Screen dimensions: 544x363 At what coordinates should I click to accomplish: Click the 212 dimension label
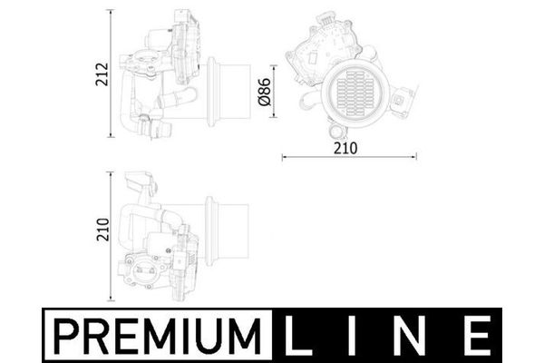point(102,74)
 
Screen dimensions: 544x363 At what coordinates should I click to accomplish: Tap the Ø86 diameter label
point(265,92)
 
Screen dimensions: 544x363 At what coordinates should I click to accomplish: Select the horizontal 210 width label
point(345,148)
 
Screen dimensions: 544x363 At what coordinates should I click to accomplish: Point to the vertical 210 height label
point(102,230)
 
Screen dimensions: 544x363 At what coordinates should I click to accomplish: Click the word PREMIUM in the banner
point(157,335)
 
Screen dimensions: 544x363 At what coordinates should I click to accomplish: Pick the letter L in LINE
point(297,335)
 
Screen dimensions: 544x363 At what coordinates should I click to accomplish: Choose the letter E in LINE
point(478,335)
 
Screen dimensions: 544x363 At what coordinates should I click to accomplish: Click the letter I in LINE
point(351,335)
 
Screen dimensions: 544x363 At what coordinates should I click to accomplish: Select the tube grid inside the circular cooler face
point(356,93)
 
